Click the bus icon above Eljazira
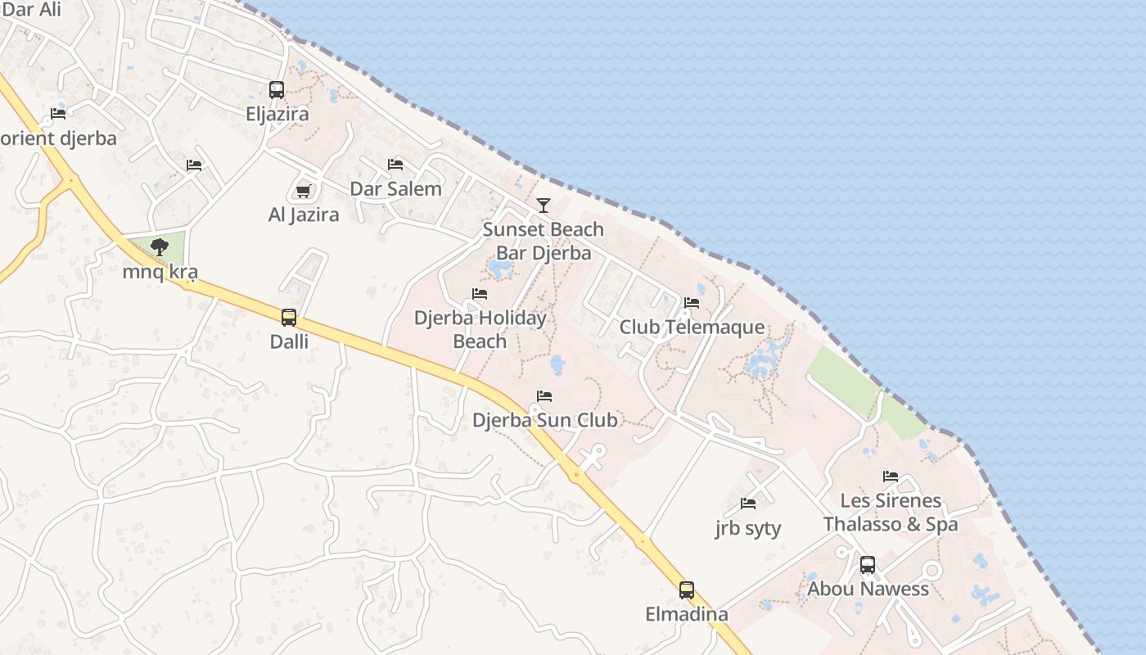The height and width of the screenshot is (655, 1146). pos(277,90)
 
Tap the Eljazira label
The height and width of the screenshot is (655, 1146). pos(277,114)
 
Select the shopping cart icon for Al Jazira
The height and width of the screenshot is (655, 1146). pos(303,191)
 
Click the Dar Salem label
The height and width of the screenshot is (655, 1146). pos(395,189)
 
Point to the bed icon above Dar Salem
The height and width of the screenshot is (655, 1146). pos(395,165)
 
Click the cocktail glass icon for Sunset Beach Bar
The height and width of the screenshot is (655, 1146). pos(544,205)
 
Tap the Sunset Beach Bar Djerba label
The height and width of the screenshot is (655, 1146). pos(543,241)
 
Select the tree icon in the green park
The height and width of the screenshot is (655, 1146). pos(160,246)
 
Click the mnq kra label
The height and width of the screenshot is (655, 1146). pos(160,272)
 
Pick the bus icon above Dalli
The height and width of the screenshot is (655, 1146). pos(289,318)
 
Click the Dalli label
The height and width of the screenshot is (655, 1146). pos(290,341)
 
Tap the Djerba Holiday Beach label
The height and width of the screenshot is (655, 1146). pos(480,329)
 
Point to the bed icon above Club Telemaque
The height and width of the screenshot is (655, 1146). pos(692,303)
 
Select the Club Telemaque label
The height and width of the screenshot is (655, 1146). pos(692,327)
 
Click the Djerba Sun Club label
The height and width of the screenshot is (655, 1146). pos(544,420)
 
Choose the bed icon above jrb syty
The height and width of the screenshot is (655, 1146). pos(748,504)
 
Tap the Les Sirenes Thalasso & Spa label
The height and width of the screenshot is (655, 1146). pos(891,512)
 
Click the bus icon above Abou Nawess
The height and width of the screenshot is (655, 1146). pos(868,565)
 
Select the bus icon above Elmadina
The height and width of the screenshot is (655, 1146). pos(687,590)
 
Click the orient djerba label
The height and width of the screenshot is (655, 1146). pos(58,138)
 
